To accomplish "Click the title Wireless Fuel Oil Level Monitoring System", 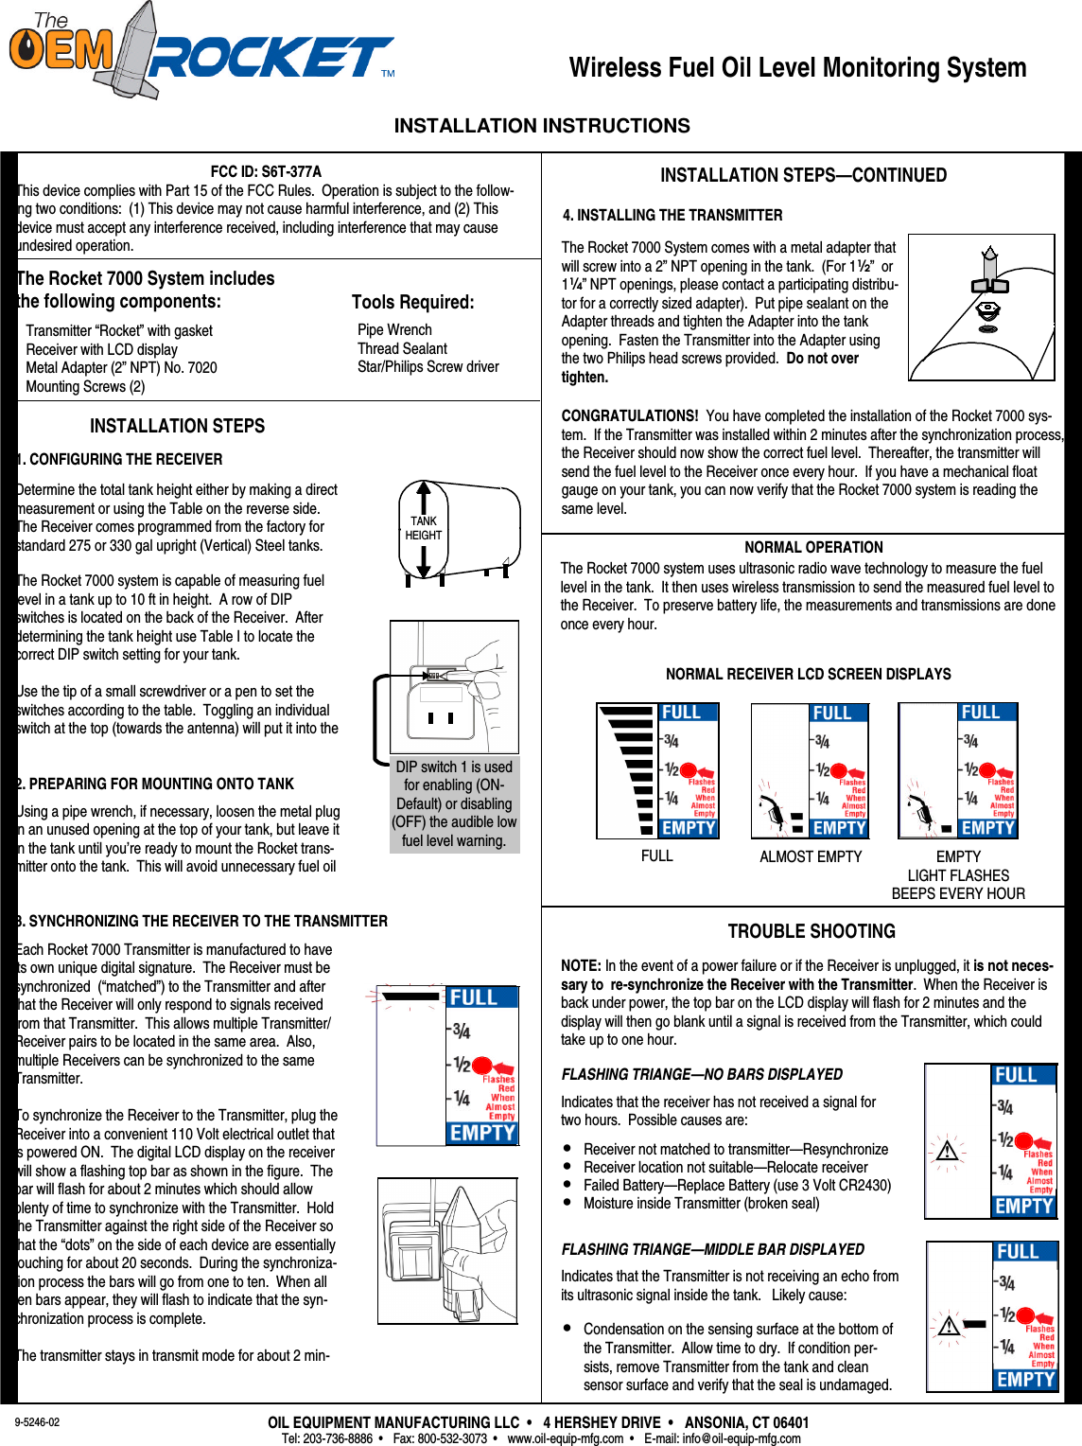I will point(797,68).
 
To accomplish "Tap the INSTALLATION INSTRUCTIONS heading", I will point(541,126).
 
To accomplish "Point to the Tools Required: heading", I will point(412,302).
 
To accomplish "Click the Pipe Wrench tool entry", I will point(394,329).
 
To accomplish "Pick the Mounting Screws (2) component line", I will point(85,386).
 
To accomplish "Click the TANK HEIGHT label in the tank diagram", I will point(423,528).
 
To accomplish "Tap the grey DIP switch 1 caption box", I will point(454,803).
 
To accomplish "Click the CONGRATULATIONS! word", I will point(629,415).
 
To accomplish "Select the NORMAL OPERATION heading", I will point(813,547).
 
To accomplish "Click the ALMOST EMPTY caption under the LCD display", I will point(811,856).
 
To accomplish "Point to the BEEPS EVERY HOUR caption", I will point(957,893).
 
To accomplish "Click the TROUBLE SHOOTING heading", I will point(811,931).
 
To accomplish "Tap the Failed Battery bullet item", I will point(737,1185).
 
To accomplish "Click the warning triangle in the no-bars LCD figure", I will point(947,1151).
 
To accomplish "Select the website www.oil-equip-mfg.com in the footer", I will point(565,1438).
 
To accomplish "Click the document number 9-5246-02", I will point(37,1422).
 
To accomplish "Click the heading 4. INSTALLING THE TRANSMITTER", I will point(672,215).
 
